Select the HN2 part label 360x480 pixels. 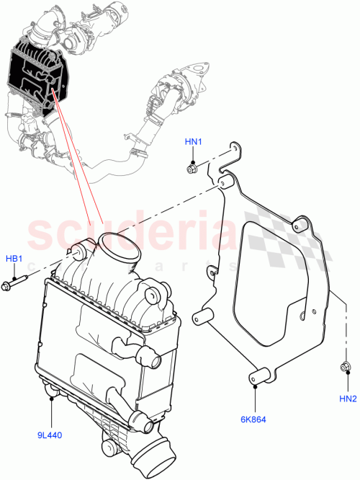pos(348,398)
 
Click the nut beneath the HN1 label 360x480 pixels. pos(192,169)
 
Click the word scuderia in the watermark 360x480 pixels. pos(130,234)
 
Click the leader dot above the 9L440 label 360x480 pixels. pos(50,395)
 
